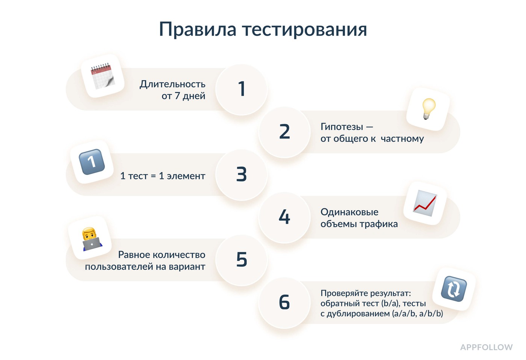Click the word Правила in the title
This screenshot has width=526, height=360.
point(198,29)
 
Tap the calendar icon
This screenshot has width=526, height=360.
point(103,76)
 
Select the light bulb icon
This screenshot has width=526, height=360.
point(429,109)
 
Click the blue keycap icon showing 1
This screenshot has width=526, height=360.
point(92,162)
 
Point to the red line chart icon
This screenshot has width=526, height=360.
point(425,203)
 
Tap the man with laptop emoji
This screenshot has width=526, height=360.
point(92,239)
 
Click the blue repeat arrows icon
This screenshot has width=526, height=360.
point(454,289)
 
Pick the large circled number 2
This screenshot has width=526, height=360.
point(284,131)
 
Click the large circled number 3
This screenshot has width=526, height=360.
point(241,174)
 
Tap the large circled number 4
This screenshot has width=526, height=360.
point(284,217)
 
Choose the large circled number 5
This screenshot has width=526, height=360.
point(242,259)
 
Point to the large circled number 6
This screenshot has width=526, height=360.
point(284,302)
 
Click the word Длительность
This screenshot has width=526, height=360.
point(172,84)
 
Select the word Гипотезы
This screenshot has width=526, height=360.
point(342,127)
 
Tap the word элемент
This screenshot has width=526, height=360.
point(186,176)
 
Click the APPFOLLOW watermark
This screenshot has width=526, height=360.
point(486,347)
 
